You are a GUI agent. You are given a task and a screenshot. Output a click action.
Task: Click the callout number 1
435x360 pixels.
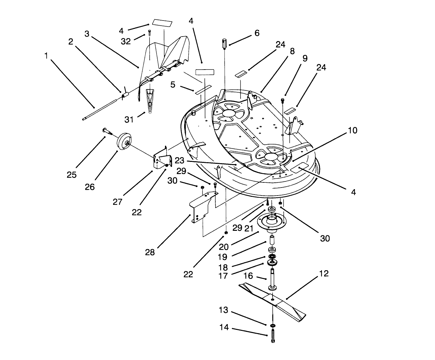pyautogui.click(x=46, y=55)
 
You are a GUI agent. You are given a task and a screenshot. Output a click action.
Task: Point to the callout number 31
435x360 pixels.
pyautogui.click(x=129, y=119)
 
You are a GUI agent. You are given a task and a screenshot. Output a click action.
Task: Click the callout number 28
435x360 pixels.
pyautogui.click(x=150, y=252)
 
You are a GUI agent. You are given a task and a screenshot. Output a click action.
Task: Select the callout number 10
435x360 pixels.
pyautogui.click(x=352, y=130)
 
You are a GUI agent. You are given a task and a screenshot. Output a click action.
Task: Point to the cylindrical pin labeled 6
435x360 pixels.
pyautogui.click(x=225, y=43)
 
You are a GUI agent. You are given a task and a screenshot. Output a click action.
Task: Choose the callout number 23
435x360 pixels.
pyautogui.click(x=180, y=160)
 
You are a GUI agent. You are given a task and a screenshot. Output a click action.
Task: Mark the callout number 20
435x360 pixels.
pyautogui.click(x=224, y=247)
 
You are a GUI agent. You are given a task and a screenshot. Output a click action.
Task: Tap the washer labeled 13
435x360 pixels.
pyautogui.click(x=272, y=326)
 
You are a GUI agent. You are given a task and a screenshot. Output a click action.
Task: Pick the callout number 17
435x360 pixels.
pyautogui.click(x=224, y=275)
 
